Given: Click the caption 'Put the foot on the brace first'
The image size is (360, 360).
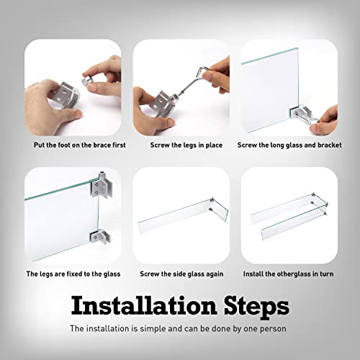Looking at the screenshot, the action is tap(80, 145).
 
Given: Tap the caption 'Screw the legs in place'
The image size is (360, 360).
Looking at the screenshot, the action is tap(186, 145).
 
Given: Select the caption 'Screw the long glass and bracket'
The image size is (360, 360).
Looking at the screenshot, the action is tap(289, 145).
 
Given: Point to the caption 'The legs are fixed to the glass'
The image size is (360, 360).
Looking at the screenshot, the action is tap(73, 274).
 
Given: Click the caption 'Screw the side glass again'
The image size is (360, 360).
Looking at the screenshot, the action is tap(181, 274).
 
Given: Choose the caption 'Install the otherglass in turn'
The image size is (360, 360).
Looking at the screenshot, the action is tap(288, 274).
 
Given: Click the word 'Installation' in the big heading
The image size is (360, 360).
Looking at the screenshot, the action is tap(144, 305).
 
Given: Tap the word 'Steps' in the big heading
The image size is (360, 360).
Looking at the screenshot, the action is tap(256, 307).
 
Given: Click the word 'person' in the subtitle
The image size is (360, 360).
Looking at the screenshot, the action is tap(273, 329).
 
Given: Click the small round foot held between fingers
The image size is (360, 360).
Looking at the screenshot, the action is tap(88, 81).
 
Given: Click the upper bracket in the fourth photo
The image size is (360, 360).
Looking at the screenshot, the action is tap(102, 184).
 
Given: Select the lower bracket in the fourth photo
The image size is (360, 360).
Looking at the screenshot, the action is tap(100, 236).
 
